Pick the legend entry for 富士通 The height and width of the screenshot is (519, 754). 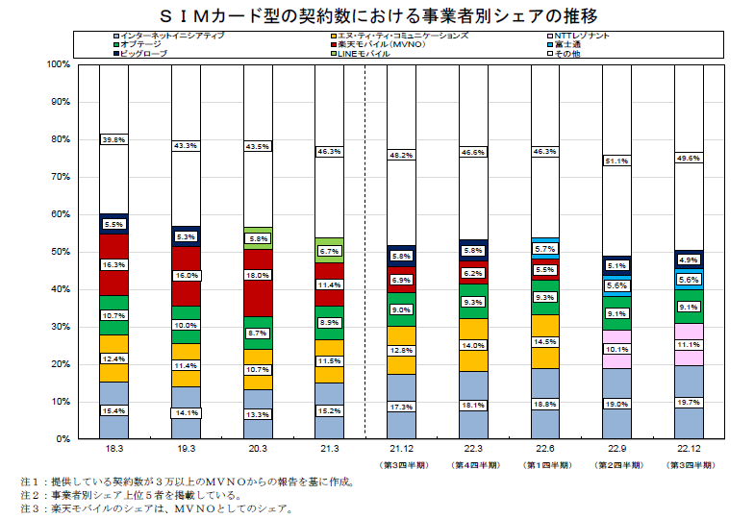(x=568, y=44)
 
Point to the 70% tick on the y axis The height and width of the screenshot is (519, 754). (x=59, y=177)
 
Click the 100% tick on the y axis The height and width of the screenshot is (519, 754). (x=57, y=64)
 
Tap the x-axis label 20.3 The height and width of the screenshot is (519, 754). (x=258, y=449)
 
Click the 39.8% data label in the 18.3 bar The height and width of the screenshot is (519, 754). (x=114, y=139)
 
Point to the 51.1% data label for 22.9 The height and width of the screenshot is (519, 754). (x=616, y=161)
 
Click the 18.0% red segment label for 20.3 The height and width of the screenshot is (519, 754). (x=258, y=275)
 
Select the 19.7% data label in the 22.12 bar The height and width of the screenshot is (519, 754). (x=688, y=403)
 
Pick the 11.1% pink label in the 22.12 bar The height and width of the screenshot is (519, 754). (x=688, y=344)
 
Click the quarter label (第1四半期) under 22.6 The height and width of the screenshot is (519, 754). (x=544, y=465)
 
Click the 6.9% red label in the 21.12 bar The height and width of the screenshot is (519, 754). (x=401, y=280)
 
